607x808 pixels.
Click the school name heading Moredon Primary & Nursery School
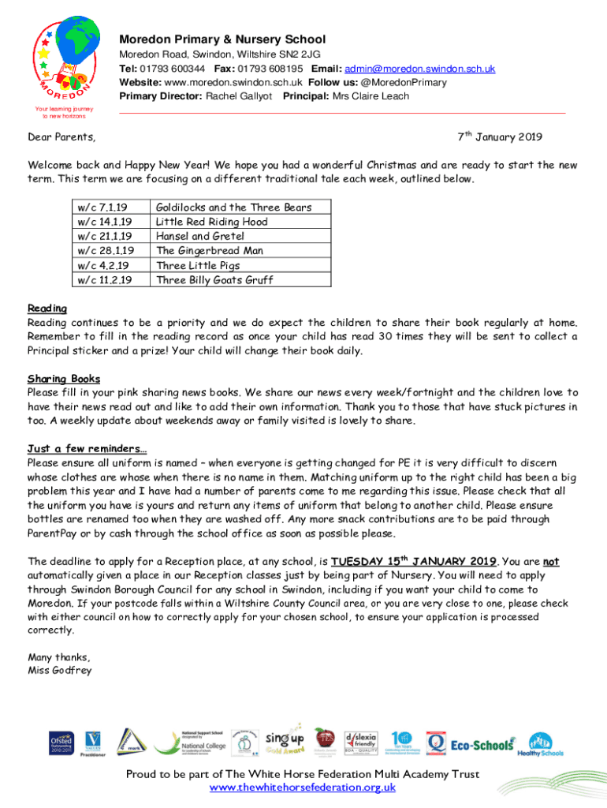[222, 39]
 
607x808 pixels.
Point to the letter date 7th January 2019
[500, 137]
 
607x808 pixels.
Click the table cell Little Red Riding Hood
[211, 222]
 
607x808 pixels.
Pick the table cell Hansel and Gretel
[200, 236]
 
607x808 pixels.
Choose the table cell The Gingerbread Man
[209, 250]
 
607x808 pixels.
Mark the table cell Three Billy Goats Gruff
[214, 279]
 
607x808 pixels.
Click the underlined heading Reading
[47, 308]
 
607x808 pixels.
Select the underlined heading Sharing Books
[64, 378]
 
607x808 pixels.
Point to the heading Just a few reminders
[87, 448]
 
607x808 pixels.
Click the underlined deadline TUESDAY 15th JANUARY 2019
[414, 561]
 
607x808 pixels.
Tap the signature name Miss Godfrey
[60, 671]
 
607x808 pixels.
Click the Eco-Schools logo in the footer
[482, 743]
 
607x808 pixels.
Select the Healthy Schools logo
[541, 744]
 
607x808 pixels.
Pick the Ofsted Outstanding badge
[61, 743]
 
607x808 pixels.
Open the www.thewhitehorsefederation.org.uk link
[302, 787]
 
